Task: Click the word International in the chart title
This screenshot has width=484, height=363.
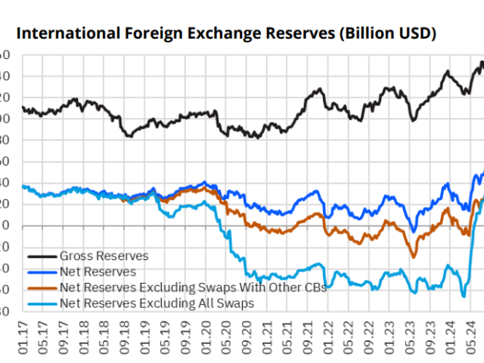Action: click(55, 34)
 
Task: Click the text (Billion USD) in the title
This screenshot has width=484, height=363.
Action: click(386, 34)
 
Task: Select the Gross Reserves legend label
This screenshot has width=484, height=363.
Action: click(104, 256)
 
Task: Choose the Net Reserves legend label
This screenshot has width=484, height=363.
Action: click(98, 271)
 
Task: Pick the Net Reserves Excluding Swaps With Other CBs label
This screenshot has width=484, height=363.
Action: click(193, 287)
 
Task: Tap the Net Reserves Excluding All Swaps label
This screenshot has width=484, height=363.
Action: click(157, 303)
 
